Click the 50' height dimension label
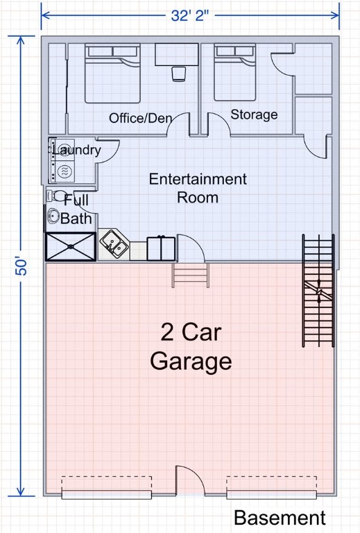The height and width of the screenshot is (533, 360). (x=22, y=266)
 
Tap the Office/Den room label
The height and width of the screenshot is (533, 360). (x=140, y=118)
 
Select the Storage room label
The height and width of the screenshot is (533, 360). (x=254, y=115)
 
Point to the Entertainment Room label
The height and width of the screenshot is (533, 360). (x=198, y=188)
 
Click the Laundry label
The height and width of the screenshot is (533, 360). (x=76, y=150)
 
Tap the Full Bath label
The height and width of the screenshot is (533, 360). (x=76, y=209)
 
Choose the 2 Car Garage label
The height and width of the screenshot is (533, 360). (x=191, y=347)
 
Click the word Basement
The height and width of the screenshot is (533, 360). (x=279, y=518)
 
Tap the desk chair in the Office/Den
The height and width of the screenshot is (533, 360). (x=178, y=73)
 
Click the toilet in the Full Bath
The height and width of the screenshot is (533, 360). (x=58, y=197)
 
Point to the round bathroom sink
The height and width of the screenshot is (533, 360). (x=53, y=217)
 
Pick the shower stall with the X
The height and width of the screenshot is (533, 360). (x=70, y=246)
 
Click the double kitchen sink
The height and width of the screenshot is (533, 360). (x=113, y=244)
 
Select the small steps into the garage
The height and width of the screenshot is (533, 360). (x=190, y=275)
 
